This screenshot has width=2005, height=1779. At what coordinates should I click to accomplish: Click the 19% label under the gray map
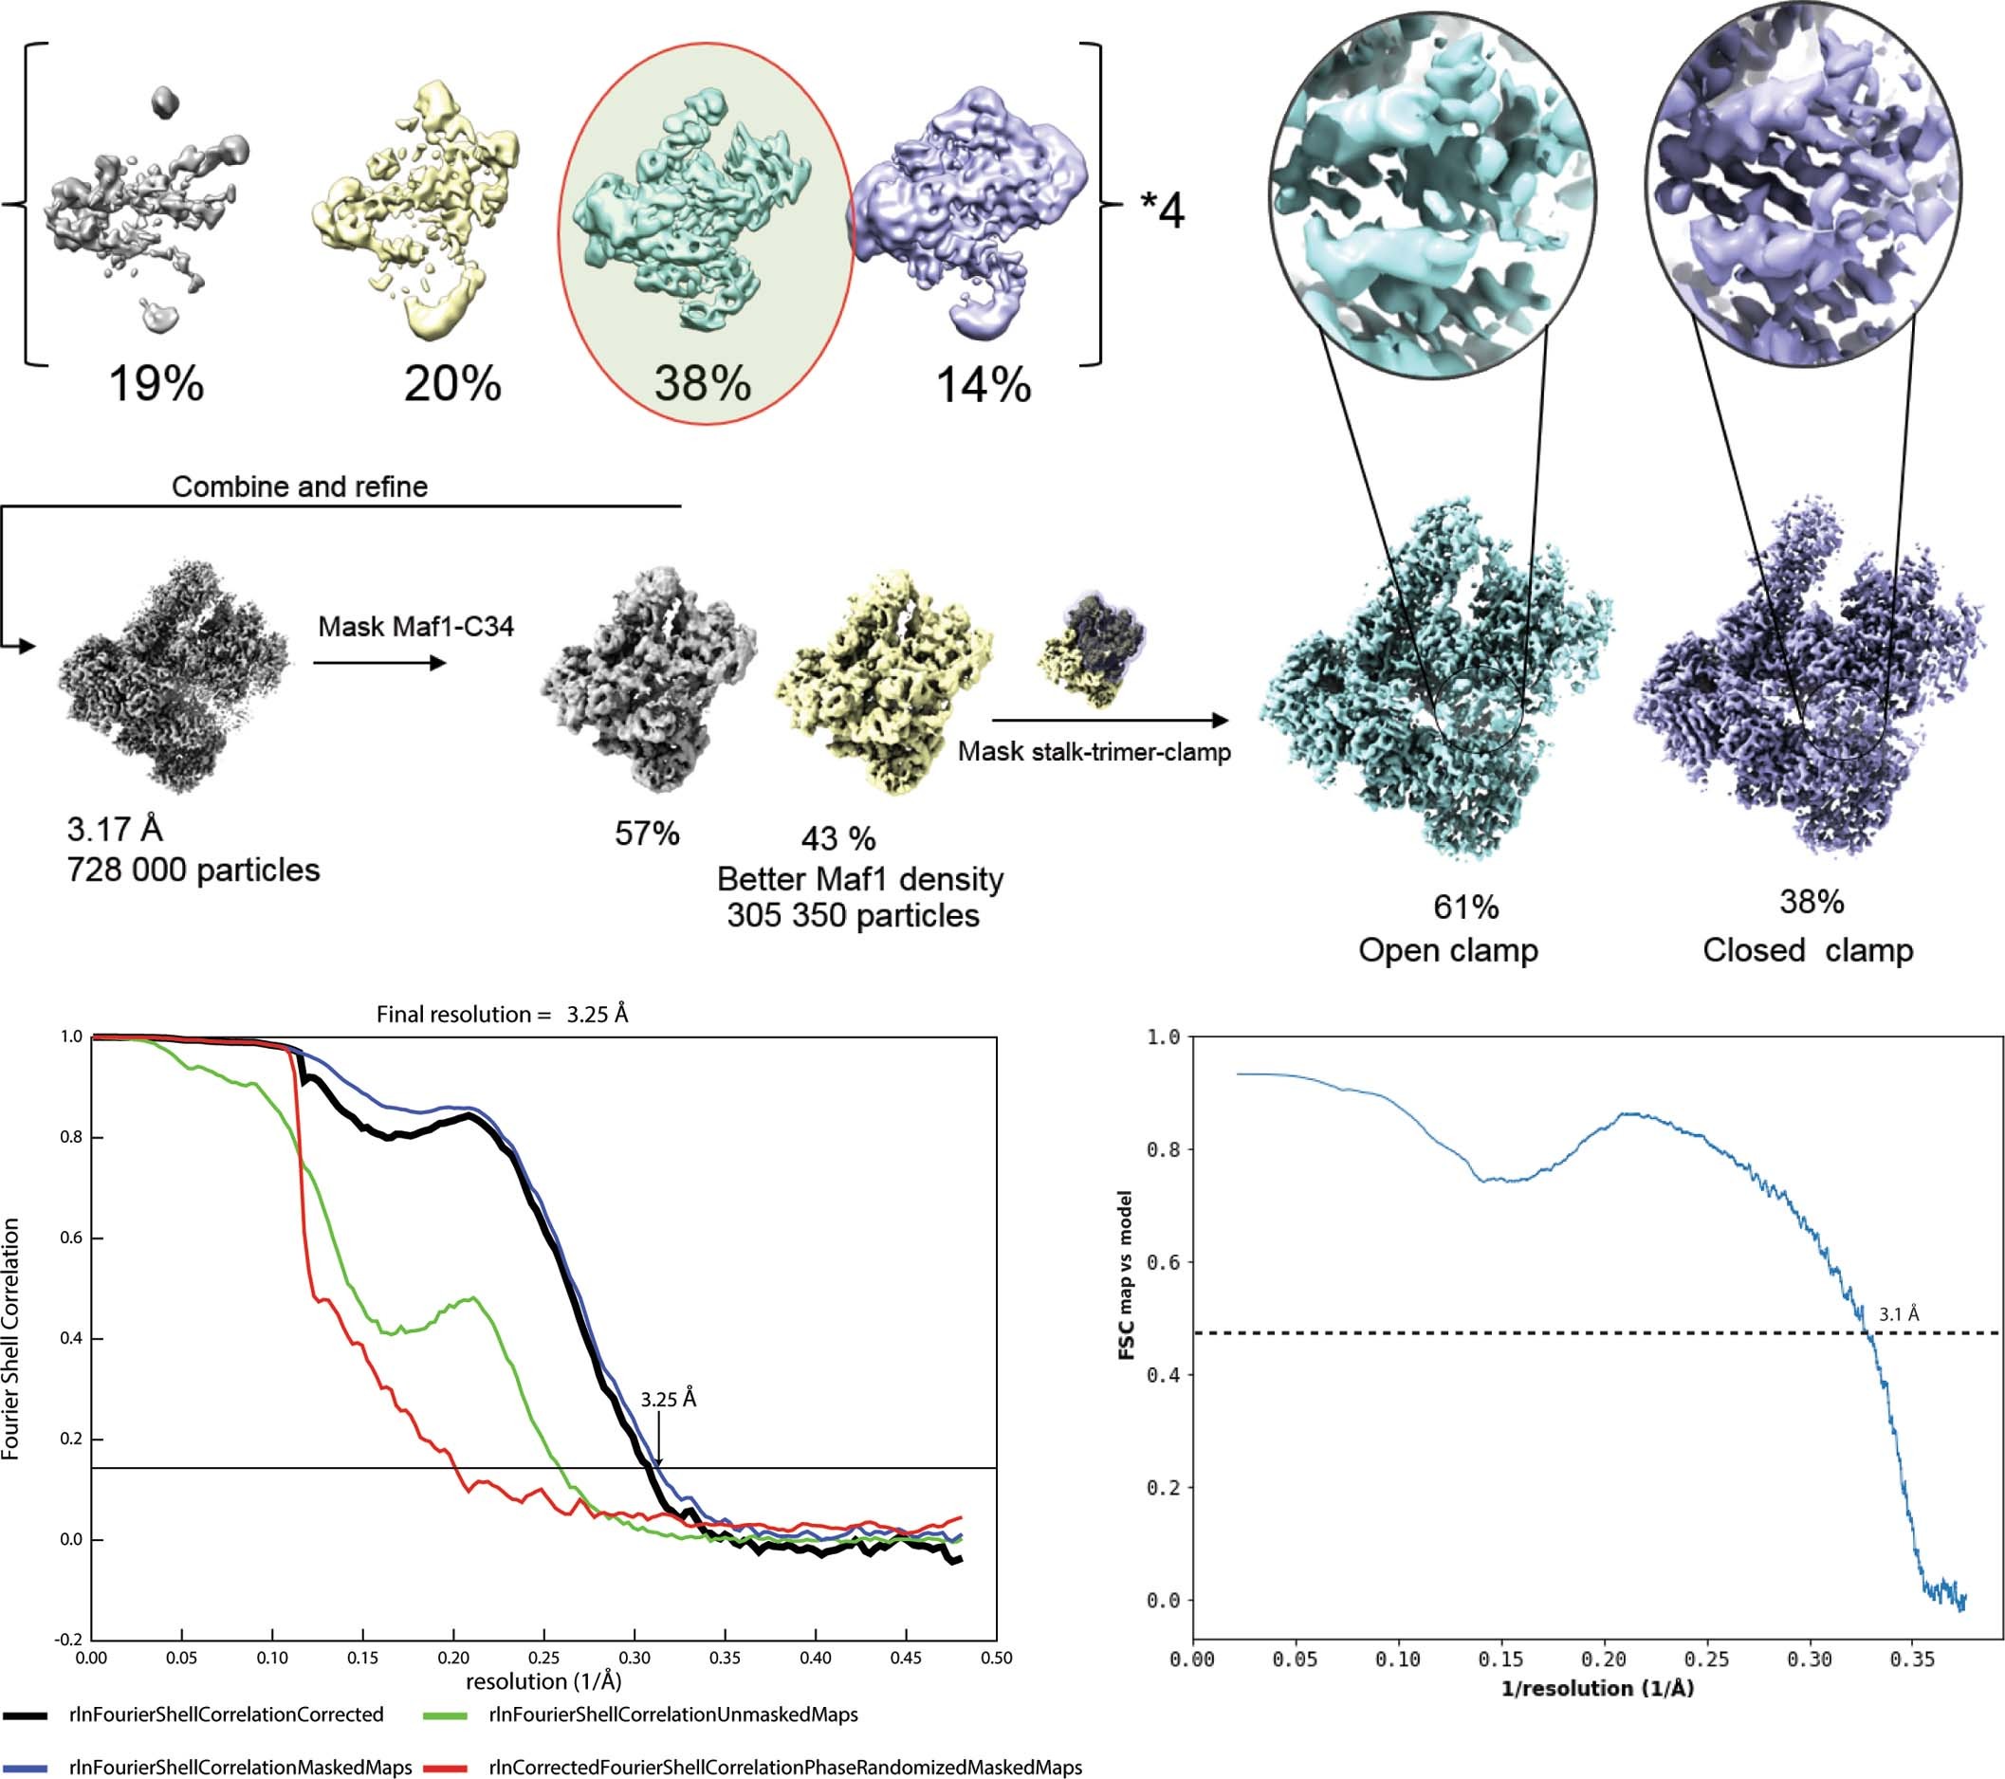tap(156, 383)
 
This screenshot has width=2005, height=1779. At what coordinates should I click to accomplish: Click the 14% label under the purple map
tap(983, 385)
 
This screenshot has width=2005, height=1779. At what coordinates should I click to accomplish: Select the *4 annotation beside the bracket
tap(1163, 209)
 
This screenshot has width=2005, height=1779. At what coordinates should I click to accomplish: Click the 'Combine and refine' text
tap(299, 486)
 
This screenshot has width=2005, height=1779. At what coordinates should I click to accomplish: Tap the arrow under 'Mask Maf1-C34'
tap(379, 664)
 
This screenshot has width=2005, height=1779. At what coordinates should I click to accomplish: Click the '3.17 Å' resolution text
tap(114, 830)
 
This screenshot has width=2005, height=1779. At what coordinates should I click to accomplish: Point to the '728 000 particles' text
tap(193, 870)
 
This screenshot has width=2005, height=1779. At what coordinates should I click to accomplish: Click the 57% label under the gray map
tap(647, 834)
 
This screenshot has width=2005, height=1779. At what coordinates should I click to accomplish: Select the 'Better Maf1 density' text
tap(859, 879)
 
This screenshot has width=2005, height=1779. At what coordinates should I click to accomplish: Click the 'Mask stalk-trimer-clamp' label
tap(1094, 752)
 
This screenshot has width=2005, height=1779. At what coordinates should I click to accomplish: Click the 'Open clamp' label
tap(1448, 950)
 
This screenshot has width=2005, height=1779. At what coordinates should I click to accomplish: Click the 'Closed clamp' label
tap(1808, 950)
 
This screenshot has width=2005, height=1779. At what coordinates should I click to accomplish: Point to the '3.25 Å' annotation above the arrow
tap(668, 1400)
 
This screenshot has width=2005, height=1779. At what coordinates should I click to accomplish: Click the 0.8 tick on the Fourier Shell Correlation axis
tap(72, 1138)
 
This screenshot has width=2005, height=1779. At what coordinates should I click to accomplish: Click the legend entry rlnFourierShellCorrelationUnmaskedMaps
tap(672, 1715)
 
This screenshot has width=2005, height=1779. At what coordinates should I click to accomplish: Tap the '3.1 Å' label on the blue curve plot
tap(1898, 1314)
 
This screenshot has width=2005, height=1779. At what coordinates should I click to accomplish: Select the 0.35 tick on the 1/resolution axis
tap(1912, 1660)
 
